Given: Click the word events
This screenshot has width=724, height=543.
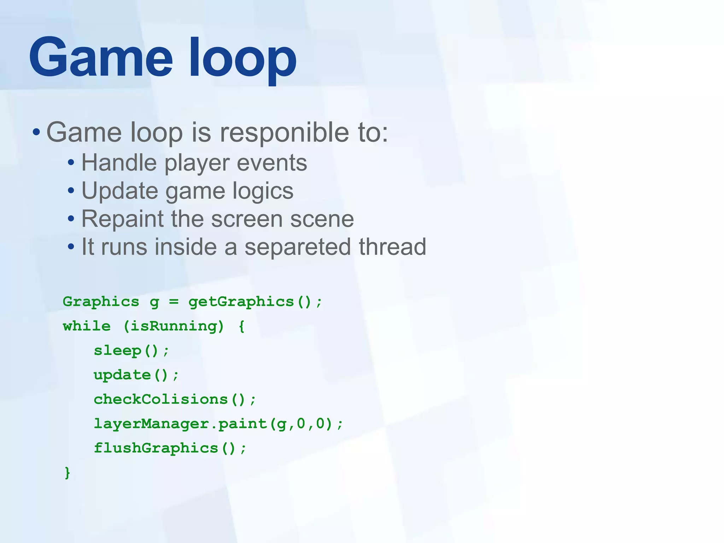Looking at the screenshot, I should pyautogui.click(x=271, y=163).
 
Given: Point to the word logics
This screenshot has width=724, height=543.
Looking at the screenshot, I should pyautogui.click(x=263, y=191).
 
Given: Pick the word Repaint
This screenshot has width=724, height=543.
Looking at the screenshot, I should pyautogui.click(x=122, y=219).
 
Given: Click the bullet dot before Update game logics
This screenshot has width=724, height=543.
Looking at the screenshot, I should pyautogui.click(x=71, y=191).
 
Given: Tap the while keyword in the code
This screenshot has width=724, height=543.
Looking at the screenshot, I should pyautogui.click(x=87, y=326).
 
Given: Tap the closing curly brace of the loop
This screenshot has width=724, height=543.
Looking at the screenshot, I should pyautogui.click(x=67, y=473).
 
